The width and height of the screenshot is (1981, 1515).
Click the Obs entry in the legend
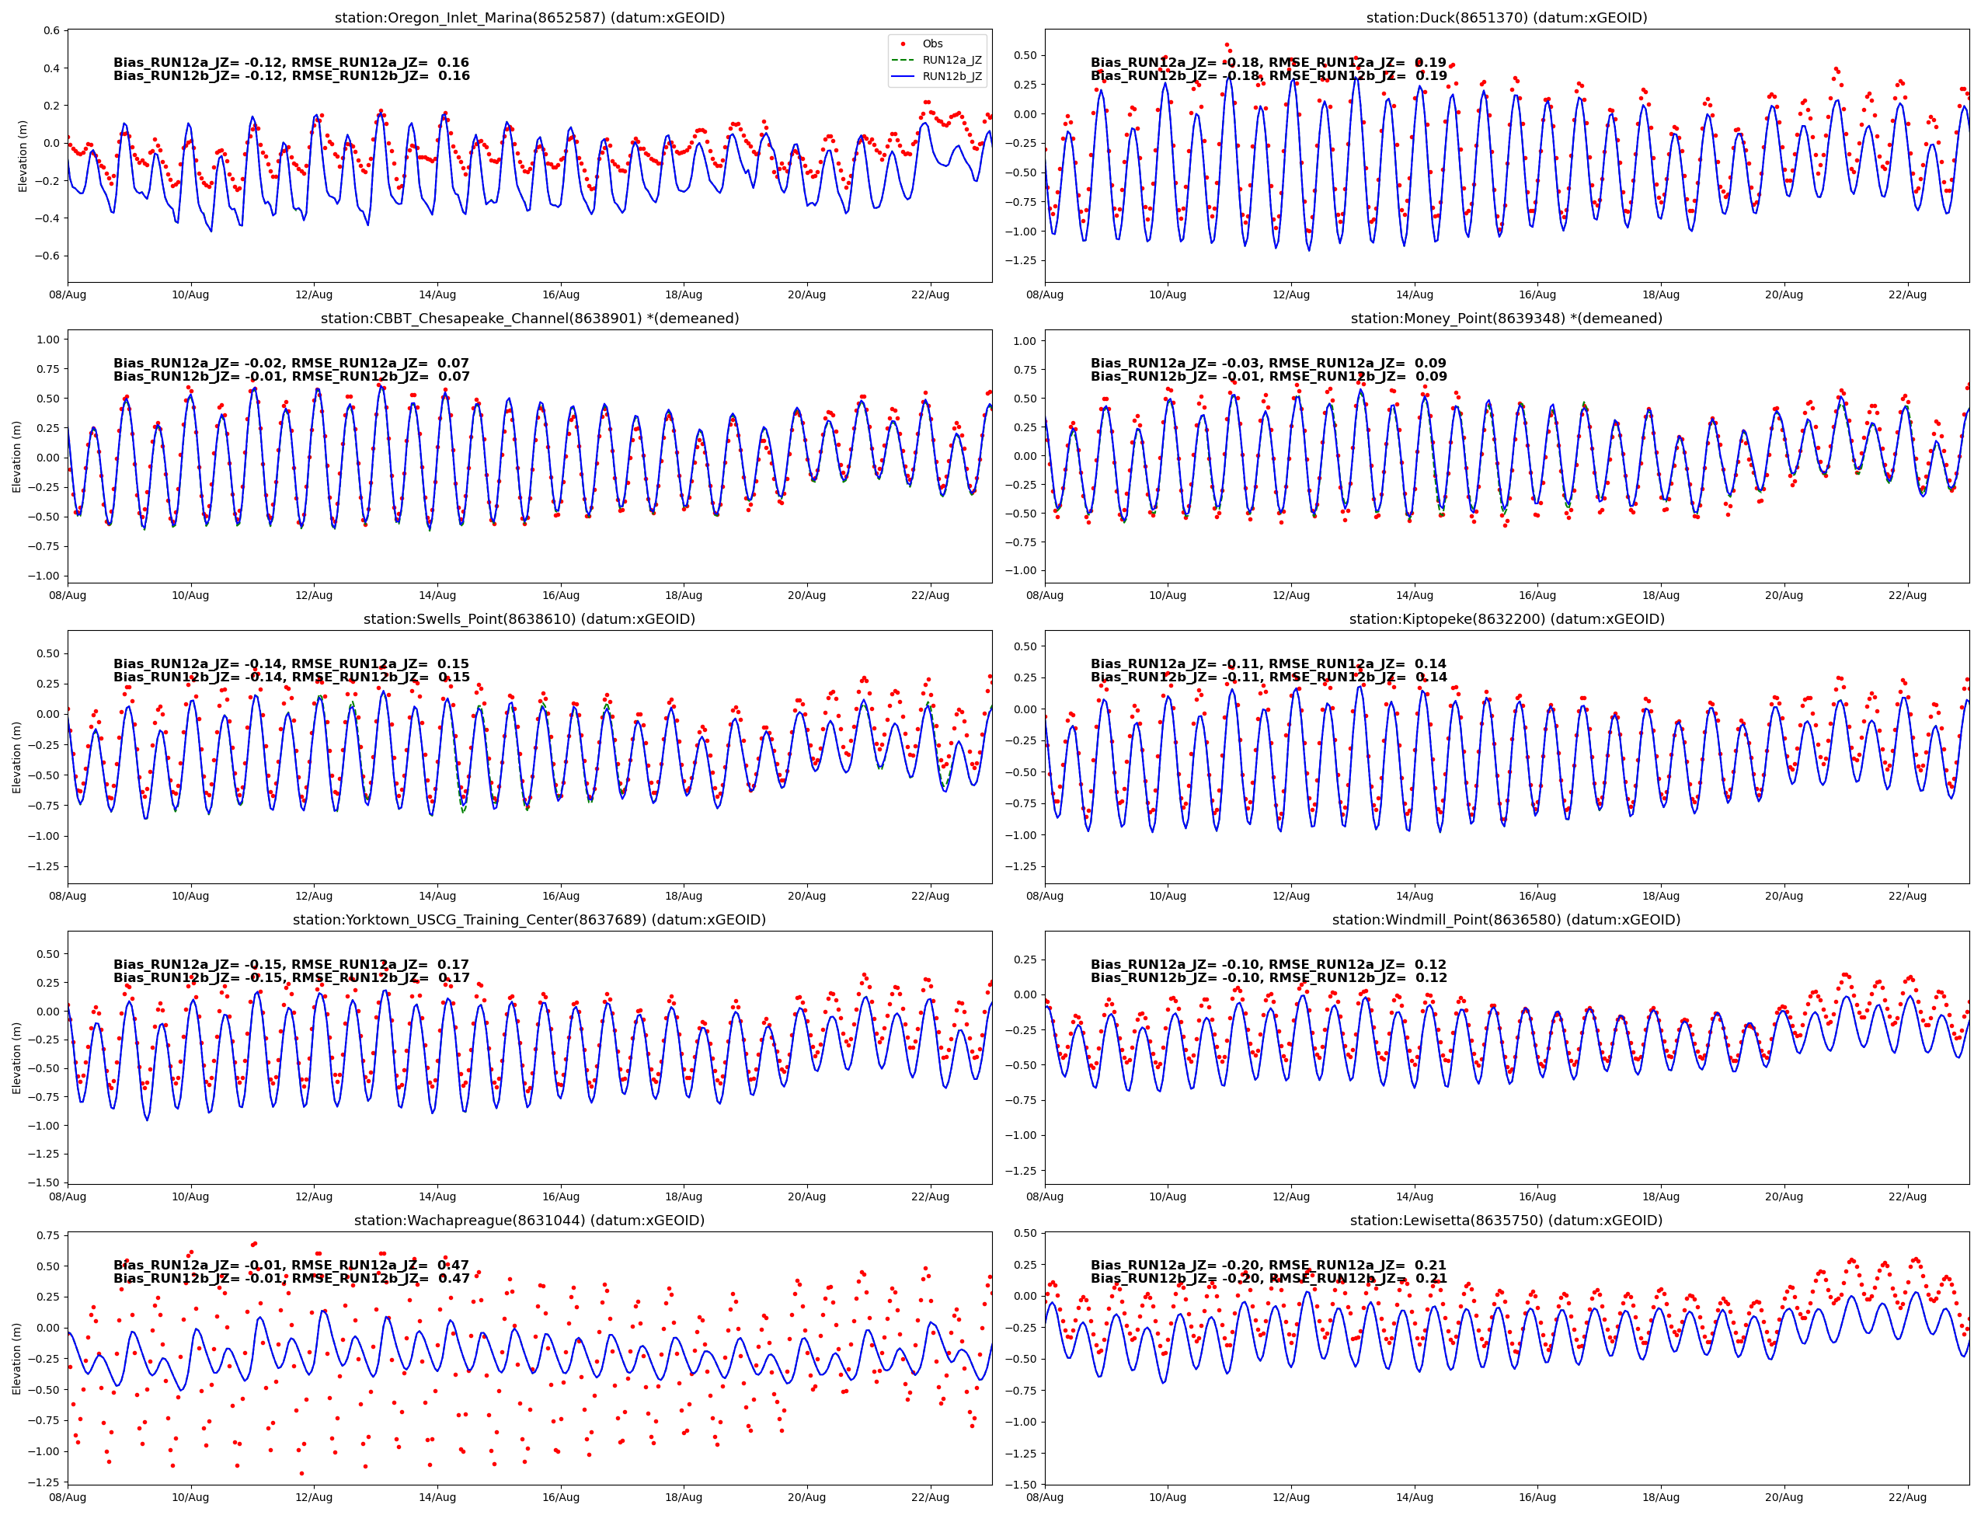point(931,44)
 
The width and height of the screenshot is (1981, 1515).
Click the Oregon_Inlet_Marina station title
point(529,18)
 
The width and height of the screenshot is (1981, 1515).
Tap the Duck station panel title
point(1506,18)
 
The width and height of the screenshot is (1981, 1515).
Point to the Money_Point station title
point(1506,319)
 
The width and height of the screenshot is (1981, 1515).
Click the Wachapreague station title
point(529,1220)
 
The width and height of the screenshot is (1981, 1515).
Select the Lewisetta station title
point(1506,1220)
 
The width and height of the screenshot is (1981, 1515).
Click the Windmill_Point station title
point(1506,920)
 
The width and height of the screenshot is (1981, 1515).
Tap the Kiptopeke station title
point(1506,618)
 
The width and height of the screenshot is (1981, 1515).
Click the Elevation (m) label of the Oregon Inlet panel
point(23,156)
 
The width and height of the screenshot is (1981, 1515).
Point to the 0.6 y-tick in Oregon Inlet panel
point(51,30)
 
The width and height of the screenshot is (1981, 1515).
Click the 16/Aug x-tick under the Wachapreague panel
point(560,1497)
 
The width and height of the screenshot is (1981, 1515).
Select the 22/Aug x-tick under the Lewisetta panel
point(1907,1497)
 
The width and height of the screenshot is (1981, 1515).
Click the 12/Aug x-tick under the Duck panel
point(1290,295)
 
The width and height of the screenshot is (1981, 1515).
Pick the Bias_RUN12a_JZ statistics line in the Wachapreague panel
point(291,1265)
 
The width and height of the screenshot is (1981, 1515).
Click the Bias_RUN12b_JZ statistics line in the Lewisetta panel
point(1268,1279)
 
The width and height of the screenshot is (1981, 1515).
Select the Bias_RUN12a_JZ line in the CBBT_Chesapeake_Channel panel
point(291,364)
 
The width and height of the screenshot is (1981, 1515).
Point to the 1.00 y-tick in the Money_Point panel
point(1025,341)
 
